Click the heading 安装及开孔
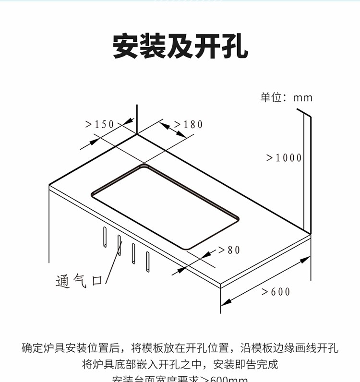tap(180, 47)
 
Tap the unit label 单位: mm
tap(286, 98)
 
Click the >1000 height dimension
tap(284, 158)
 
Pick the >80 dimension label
tap(229, 250)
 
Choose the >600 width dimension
tap(276, 292)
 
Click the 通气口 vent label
tap(79, 281)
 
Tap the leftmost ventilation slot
tap(104, 237)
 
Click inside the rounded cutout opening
tap(166, 206)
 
